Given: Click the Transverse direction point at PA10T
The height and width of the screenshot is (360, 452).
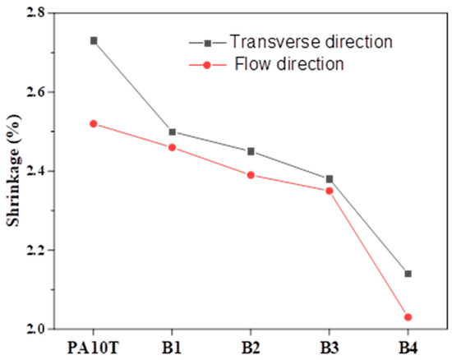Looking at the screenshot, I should click(x=93, y=40).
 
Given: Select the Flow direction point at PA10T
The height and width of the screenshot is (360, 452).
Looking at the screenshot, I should click(x=93, y=123).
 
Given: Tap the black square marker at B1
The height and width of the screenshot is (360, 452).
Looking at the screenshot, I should click(x=172, y=132).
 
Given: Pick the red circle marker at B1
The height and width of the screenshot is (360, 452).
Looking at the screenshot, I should click(x=172, y=147).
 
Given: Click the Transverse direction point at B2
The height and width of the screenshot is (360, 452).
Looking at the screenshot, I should click(x=251, y=151).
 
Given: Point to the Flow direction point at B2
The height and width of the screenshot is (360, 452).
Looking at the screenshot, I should click(x=251, y=175).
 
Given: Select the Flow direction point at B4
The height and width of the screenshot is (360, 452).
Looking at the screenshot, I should click(x=408, y=317).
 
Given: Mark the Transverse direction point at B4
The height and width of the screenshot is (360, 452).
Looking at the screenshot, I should click(x=408, y=274).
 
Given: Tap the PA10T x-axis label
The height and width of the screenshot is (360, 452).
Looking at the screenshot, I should click(x=93, y=347).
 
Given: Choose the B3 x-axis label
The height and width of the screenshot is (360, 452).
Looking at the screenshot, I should click(x=330, y=347).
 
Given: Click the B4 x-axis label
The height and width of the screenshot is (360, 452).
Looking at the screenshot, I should click(x=408, y=347).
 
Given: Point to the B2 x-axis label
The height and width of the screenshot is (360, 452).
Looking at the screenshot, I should click(x=251, y=347).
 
